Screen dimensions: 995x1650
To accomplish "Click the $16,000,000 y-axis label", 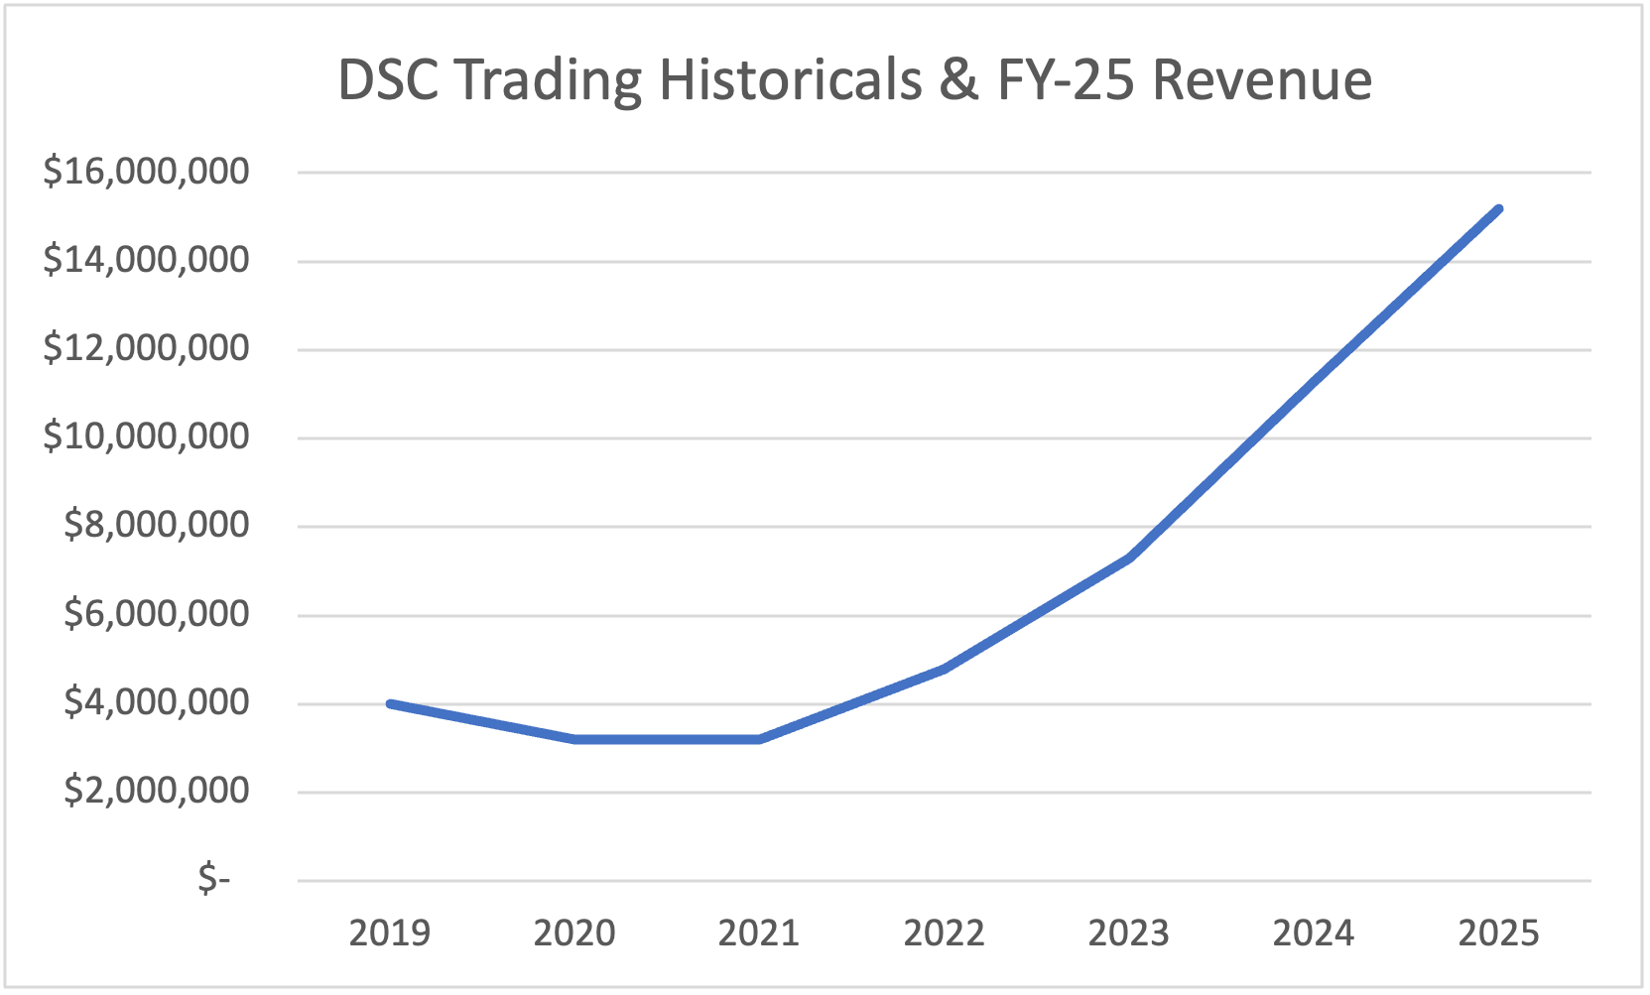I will pyautogui.click(x=146, y=172).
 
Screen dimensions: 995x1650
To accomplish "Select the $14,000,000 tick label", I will pyautogui.click(x=146, y=260).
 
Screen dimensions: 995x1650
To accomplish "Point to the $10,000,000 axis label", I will pyautogui.click(x=146, y=436).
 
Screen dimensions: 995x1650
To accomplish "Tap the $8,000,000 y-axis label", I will pyautogui.click(x=156, y=525).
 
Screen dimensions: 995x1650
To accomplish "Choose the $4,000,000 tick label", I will pyautogui.click(x=156, y=702).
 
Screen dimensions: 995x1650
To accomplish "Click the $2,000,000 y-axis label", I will pyautogui.click(x=156, y=791).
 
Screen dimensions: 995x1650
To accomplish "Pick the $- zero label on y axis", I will pyautogui.click(x=213, y=879).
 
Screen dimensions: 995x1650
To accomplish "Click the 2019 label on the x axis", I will pyautogui.click(x=390, y=933).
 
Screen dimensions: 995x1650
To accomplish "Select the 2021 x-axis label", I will pyautogui.click(x=759, y=933).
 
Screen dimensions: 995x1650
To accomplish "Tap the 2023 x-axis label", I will pyautogui.click(x=1129, y=933).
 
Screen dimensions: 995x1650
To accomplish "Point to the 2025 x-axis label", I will pyautogui.click(x=1498, y=933).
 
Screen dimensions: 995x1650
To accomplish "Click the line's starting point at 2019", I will pyautogui.click(x=390, y=703).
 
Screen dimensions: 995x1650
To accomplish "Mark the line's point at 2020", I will pyautogui.click(x=574, y=739).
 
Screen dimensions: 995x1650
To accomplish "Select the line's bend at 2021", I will pyautogui.click(x=759, y=739).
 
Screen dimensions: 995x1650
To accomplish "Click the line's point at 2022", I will pyautogui.click(x=944, y=669).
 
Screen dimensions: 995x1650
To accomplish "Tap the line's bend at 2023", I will pyautogui.click(x=1129, y=558).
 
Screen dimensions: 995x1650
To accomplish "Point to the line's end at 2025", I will pyautogui.click(x=1498, y=209).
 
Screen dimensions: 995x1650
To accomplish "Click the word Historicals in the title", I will pyautogui.click(x=791, y=79).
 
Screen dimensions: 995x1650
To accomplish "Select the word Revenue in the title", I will pyautogui.click(x=1262, y=79).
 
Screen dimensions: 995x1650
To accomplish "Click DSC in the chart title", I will pyautogui.click(x=388, y=79).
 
